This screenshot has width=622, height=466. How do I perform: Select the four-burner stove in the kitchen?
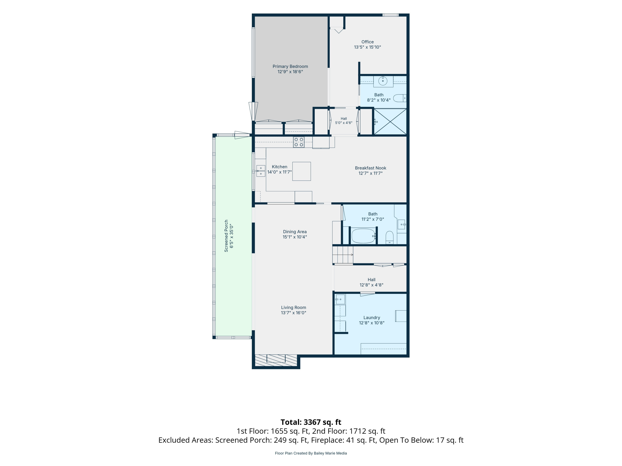(299, 142)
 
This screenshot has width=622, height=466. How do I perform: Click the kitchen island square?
(301, 171)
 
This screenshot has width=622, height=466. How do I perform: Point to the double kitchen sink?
(261, 171)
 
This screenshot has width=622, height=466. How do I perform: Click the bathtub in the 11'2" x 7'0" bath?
(363, 236)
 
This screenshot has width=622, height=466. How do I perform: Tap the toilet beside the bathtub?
(389, 237)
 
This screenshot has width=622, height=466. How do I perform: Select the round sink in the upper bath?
(383, 81)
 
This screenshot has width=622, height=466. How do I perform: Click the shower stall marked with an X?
(390, 122)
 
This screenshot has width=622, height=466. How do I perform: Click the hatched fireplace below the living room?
(276, 360)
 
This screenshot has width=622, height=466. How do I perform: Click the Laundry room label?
(372, 318)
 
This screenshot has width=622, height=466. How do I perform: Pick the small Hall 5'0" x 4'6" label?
(344, 121)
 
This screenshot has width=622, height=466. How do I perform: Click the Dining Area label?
(295, 232)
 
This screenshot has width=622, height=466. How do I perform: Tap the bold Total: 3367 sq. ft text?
(311, 422)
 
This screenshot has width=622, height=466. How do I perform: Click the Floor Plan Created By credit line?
(311, 453)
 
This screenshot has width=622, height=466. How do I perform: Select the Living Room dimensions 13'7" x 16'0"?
(294, 313)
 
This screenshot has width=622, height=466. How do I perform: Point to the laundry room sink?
(340, 299)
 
